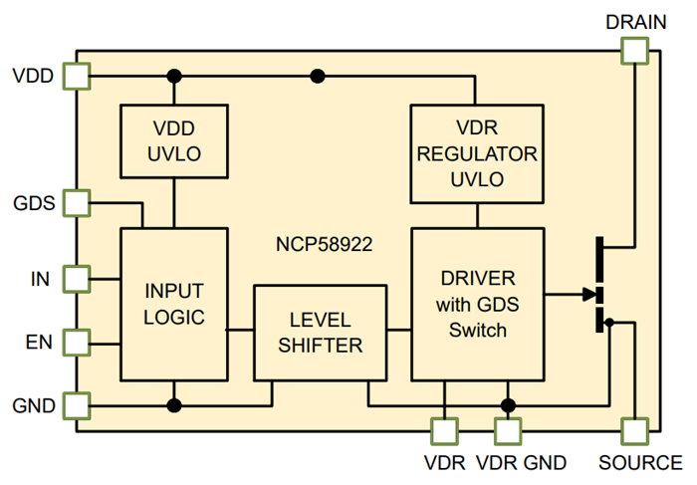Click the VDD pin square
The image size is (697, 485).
pos(76,76)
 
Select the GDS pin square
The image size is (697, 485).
pos(76,203)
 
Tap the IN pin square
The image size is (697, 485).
pos(76,278)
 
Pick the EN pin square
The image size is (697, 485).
pos(76,343)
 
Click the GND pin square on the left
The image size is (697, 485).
pos(76,405)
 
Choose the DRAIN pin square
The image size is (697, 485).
pos(633,51)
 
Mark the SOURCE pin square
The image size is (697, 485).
pos(633,430)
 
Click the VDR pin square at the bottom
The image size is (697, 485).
pos(444,430)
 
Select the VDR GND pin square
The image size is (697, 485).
pos(508,430)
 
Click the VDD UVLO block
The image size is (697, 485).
pos(174,140)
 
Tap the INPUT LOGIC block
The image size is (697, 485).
pos(174,304)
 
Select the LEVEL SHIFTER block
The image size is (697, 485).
pos(319,333)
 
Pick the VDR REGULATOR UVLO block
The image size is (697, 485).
pos(477,154)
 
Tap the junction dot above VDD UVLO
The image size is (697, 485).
pos(174,76)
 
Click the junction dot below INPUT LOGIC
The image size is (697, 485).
pos(174,405)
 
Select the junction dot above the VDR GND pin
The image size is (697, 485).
pos(508,405)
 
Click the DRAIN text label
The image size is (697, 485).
pos(633,20)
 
